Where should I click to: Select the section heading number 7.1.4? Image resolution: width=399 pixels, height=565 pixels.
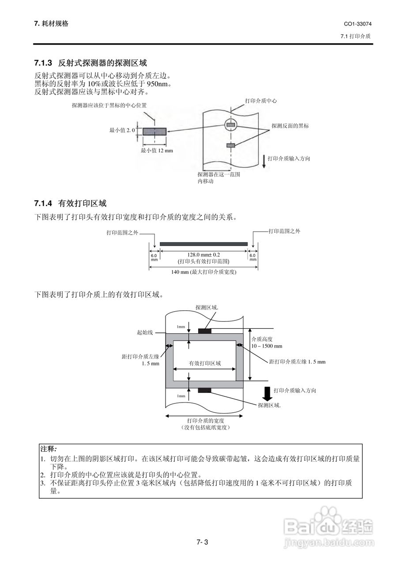pyautogui.click(x=43, y=203)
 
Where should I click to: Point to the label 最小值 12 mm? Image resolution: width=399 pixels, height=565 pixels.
pyautogui.click(x=157, y=151)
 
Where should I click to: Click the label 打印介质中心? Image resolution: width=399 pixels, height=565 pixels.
pyautogui.click(x=261, y=101)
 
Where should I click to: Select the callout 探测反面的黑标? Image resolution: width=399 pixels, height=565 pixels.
pyautogui.click(x=290, y=126)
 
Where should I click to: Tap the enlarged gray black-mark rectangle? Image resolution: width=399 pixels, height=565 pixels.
pyautogui.click(x=154, y=131)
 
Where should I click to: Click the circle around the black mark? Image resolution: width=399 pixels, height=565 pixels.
pyautogui.click(x=230, y=125)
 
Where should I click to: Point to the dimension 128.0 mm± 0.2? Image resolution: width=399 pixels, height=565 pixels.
pyautogui.click(x=203, y=255)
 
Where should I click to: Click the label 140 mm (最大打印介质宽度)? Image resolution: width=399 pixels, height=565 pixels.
pyautogui.click(x=203, y=272)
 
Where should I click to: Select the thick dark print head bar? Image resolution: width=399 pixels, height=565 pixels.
pyautogui.click(x=203, y=244)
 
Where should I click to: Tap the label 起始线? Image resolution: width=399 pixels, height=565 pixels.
pyautogui.click(x=145, y=332)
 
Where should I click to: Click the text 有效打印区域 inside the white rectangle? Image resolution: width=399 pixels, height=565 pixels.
pyautogui.click(x=205, y=363)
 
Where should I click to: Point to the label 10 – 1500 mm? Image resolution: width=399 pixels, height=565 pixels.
pyautogui.click(x=267, y=346)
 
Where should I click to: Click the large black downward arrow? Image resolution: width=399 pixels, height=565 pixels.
pyautogui.click(x=266, y=392)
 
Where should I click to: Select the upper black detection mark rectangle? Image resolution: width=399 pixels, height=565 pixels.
pyautogui.click(x=204, y=331)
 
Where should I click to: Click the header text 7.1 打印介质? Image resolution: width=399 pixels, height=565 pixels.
pyautogui.click(x=356, y=36)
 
